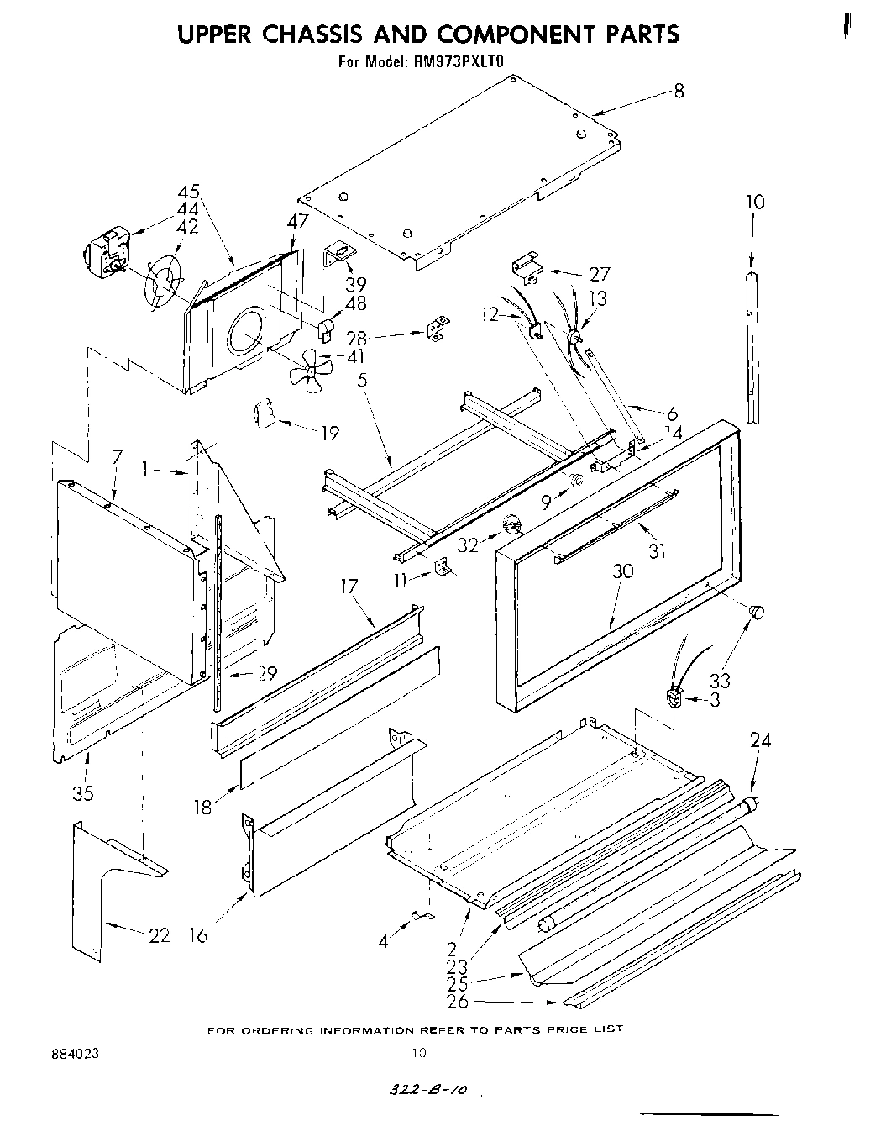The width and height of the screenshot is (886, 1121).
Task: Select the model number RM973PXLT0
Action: point(459,61)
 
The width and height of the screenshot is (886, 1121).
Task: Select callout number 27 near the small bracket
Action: point(622,274)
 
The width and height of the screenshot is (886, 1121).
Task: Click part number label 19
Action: point(329,433)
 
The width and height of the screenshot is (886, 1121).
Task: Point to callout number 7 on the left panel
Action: point(117,457)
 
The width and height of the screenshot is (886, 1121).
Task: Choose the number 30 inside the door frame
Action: point(622,571)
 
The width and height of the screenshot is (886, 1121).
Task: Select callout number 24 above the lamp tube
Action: point(760,740)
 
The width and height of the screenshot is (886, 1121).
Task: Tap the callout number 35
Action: point(83,792)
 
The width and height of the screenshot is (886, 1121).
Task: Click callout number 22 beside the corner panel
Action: point(159,935)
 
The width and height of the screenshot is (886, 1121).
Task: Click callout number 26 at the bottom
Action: point(458,1001)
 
